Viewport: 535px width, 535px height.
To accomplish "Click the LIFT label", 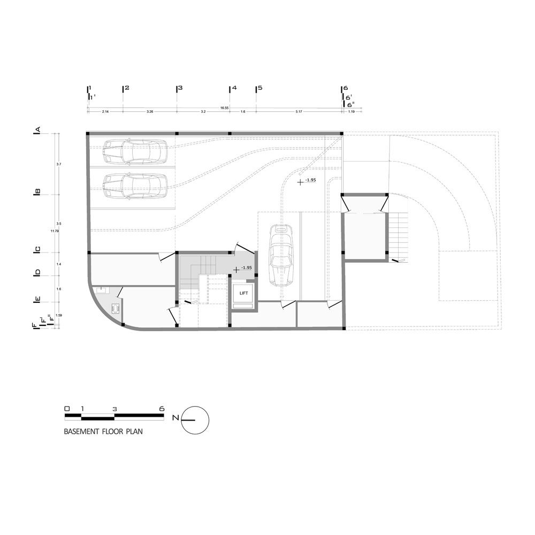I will pos(243,293).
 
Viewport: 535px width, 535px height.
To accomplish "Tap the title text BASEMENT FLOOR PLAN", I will pos(103,430).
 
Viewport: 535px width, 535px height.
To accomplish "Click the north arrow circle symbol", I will pos(195,419).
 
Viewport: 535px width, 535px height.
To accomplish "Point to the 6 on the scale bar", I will pos(162,408).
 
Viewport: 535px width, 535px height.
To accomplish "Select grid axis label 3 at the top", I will pos(180,88).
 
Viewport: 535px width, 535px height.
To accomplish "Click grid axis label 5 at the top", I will pos(259,88).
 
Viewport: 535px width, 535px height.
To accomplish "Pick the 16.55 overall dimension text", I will pos(225,108).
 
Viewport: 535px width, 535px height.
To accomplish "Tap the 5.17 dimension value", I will pos(299,112).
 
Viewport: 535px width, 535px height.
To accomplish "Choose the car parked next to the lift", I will pos(280,254).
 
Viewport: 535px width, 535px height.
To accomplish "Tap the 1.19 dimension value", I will pos(351,112).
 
